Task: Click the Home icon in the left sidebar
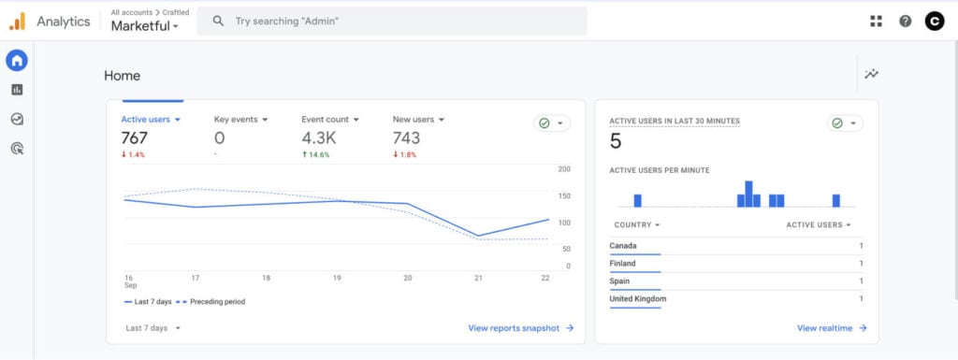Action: [x=17, y=61]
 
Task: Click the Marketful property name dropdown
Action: [x=144, y=26]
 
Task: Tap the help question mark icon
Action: [x=905, y=22]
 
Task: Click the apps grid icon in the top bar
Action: [x=876, y=22]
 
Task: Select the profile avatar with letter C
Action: [x=934, y=22]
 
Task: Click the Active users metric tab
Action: [x=150, y=120]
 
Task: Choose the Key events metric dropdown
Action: [x=240, y=120]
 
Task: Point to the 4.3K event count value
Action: [x=318, y=138]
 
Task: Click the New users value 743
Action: [x=406, y=138]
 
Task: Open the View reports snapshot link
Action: [x=520, y=328]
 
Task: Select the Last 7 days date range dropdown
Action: [x=152, y=328]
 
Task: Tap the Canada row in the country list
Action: [x=624, y=246]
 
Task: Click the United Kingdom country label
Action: [x=638, y=299]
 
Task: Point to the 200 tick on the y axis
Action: [x=564, y=169]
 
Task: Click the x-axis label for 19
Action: [x=337, y=279]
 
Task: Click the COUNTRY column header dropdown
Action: [x=636, y=225]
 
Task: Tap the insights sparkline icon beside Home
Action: [x=872, y=75]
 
